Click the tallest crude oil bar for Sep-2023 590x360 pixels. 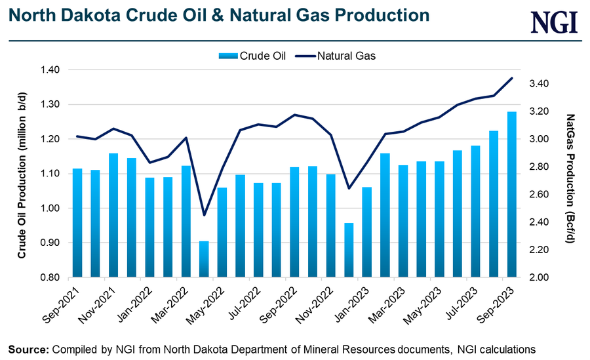(x=511, y=194)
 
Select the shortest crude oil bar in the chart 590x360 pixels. (x=205, y=259)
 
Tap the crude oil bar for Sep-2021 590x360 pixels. (x=77, y=223)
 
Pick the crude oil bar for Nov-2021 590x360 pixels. (x=113, y=215)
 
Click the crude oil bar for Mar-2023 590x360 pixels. (x=385, y=215)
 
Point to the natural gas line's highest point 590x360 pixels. (x=511, y=78)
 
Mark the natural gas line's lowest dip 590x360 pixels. (x=205, y=215)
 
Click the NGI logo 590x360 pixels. (x=554, y=22)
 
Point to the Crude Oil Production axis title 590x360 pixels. (x=22, y=174)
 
